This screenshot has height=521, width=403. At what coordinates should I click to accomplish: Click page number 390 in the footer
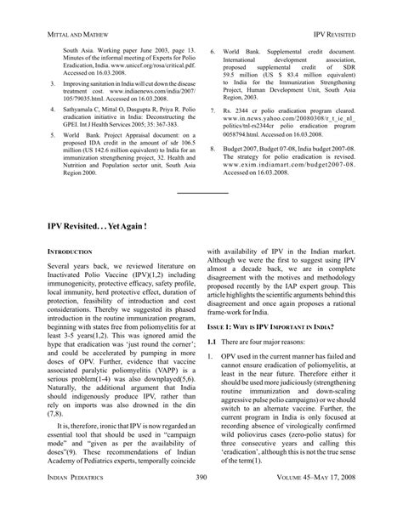point(201,503)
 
